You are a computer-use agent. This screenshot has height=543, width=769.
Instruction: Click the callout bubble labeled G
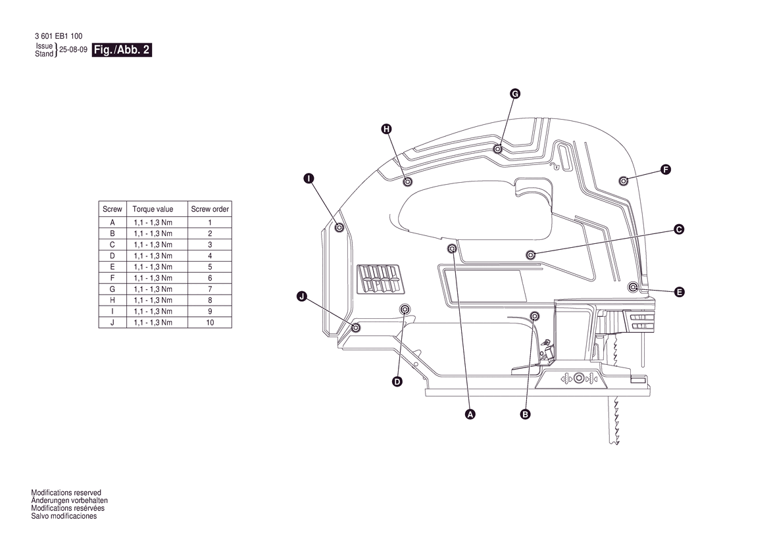[514, 93]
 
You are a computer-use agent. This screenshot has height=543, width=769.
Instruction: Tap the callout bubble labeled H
[386, 129]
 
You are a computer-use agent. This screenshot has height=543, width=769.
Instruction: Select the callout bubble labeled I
[309, 178]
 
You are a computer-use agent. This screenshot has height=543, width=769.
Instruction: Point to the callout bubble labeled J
[302, 296]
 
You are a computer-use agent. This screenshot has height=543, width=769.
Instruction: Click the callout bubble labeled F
[666, 170]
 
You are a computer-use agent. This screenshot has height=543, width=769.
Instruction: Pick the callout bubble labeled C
[679, 229]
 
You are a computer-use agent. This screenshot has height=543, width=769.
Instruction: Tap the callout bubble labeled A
[470, 414]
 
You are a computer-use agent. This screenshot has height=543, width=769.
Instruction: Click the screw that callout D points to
[405, 309]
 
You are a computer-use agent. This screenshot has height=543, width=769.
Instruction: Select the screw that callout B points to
[535, 316]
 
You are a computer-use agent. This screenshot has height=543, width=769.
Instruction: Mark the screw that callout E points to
[633, 287]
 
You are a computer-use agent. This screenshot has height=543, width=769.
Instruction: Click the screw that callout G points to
[498, 149]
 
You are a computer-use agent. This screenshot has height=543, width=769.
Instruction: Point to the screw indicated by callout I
[339, 228]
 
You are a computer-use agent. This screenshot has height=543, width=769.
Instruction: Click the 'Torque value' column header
[153, 209]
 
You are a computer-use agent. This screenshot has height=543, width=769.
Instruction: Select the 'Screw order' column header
[210, 209]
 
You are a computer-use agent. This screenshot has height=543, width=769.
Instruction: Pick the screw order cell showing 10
[210, 323]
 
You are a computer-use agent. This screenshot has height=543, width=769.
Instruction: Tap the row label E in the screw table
[112, 267]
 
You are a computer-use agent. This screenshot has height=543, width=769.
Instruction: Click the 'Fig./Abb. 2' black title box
[122, 49]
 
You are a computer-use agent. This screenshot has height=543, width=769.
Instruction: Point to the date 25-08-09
[73, 49]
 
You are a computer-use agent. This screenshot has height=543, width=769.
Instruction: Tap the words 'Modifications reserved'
[66, 492]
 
